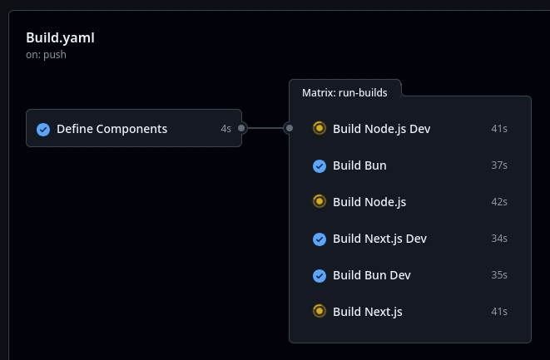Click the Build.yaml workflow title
pyautogui.click(x=60, y=38)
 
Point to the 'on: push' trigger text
pyautogui.click(x=46, y=55)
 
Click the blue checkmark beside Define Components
pyautogui.click(x=43, y=130)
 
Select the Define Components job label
pyautogui.click(x=111, y=129)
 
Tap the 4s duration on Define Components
pyautogui.click(x=225, y=129)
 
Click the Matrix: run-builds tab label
pyautogui.click(x=344, y=93)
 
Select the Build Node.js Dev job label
pyautogui.click(x=381, y=129)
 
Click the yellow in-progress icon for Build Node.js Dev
pyautogui.click(x=320, y=128)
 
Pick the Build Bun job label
pyautogui.click(x=359, y=165)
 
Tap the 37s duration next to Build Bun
pyautogui.click(x=499, y=165)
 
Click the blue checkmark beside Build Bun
pyautogui.click(x=320, y=166)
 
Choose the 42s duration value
pyautogui.click(x=499, y=202)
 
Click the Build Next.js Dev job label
pyautogui.click(x=379, y=239)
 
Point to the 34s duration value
pyautogui.click(x=499, y=239)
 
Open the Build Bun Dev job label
pyautogui.click(x=371, y=275)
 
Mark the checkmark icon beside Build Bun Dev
pyautogui.click(x=320, y=276)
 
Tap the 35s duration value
pyautogui.click(x=499, y=275)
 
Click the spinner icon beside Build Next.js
pyautogui.click(x=320, y=311)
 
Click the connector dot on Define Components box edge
pyautogui.click(x=241, y=128)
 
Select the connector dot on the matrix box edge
pyautogui.click(x=290, y=128)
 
